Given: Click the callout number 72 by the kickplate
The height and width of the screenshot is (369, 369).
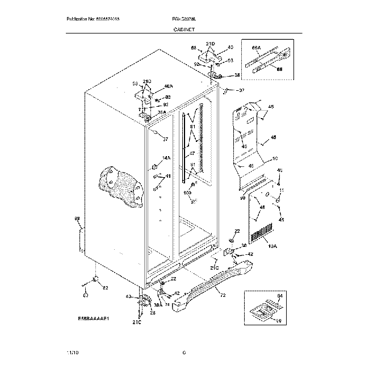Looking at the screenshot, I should pos(223,296).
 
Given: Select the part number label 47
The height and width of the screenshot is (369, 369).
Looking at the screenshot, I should pos(192,154).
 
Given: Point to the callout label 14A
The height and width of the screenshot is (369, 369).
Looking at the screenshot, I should pos(166,158).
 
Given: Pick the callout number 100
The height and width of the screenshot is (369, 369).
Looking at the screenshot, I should pos(188,193).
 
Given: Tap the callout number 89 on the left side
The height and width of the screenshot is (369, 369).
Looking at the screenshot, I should pos(77,219).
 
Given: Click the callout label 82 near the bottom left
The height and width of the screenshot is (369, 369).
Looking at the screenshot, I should pos(105,288).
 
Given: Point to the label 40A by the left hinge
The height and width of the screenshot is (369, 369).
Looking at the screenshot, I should pos(168,86).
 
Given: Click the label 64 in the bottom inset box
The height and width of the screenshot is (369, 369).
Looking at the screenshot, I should pos(279,296).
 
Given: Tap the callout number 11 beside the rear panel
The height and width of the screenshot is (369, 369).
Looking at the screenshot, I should pos(281,190).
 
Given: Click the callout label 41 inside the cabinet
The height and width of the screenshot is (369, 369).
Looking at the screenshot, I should pos(167,177).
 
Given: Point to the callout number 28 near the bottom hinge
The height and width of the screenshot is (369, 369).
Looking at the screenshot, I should pos(152,313).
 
